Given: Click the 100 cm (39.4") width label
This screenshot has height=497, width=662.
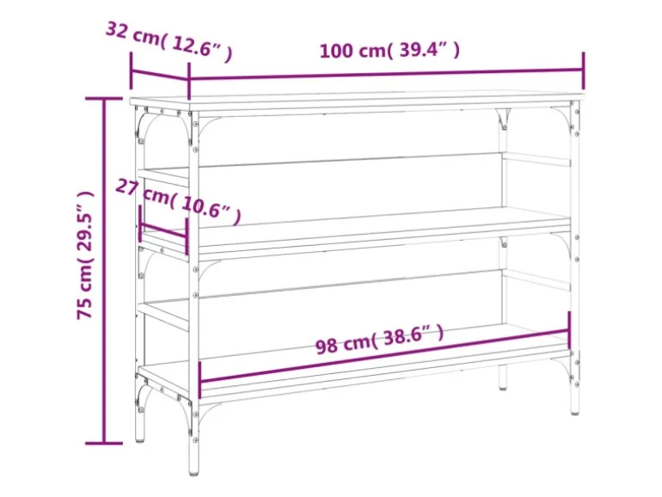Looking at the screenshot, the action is pyautogui.click(x=389, y=50).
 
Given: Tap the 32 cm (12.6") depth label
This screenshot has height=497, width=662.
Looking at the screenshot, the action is pyautogui.click(x=169, y=41).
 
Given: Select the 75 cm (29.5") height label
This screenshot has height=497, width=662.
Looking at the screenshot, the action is pyautogui.click(x=84, y=255).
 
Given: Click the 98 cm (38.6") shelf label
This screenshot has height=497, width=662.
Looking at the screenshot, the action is pyautogui.click(x=379, y=339).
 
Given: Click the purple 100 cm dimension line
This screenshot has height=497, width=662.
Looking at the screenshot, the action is pyautogui.click(x=386, y=74).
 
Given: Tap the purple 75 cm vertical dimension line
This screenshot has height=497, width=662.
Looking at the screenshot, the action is pyautogui.click(x=104, y=271).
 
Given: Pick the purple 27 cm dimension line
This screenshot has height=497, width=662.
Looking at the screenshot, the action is pyautogui.click(x=163, y=232).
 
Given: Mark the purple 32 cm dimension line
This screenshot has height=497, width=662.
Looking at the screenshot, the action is pyautogui.click(x=160, y=75).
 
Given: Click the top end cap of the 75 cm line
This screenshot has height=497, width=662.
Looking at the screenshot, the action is pyautogui.click(x=104, y=98).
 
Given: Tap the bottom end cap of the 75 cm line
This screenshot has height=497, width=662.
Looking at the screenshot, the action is pyautogui.click(x=104, y=444).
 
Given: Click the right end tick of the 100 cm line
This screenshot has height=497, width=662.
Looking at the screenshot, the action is pyautogui.click(x=584, y=71).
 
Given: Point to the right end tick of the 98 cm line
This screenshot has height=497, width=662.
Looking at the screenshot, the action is pyautogui.click(x=569, y=330).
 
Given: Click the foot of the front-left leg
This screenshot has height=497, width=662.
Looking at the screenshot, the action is pyautogui.click(x=193, y=472).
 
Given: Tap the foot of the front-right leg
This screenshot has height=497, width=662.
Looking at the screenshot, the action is pyautogui.click(x=574, y=411).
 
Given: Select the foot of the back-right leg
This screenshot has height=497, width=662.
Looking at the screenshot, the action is pyautogui.click(x=502, y=386).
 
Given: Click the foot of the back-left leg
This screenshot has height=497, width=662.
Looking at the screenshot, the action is pyautogui.click(x=140, y=440).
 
